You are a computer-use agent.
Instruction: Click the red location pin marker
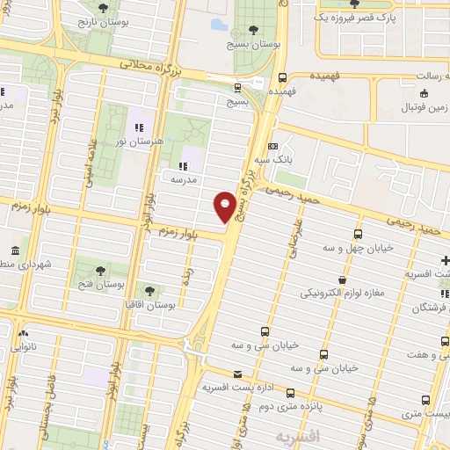(x=225, y=207)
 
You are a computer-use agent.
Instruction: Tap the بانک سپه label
(x=273, y=161)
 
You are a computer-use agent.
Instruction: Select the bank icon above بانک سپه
(x=273, y=146)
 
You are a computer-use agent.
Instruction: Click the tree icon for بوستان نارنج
(x=105, y=7)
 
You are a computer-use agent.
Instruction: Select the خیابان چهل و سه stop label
(x=358, y=249)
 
